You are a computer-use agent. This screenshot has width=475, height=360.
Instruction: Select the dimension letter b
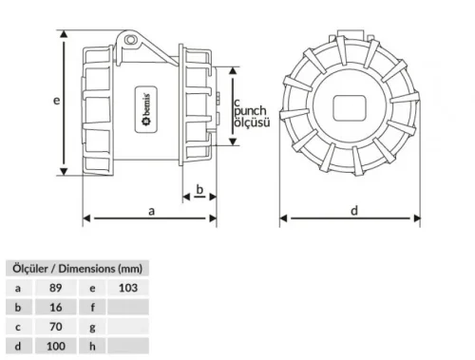(x=199, y=190)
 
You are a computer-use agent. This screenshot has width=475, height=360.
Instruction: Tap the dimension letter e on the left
(x=57, y=99)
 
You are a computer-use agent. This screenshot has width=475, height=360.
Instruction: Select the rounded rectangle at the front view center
(x=350, y=106)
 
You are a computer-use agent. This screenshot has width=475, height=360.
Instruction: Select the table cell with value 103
(x=128, y=288)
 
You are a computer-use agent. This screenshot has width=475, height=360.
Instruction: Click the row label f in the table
(x=92, y=308)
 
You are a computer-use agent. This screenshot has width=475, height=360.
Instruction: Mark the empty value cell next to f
(x=128, y=308)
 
